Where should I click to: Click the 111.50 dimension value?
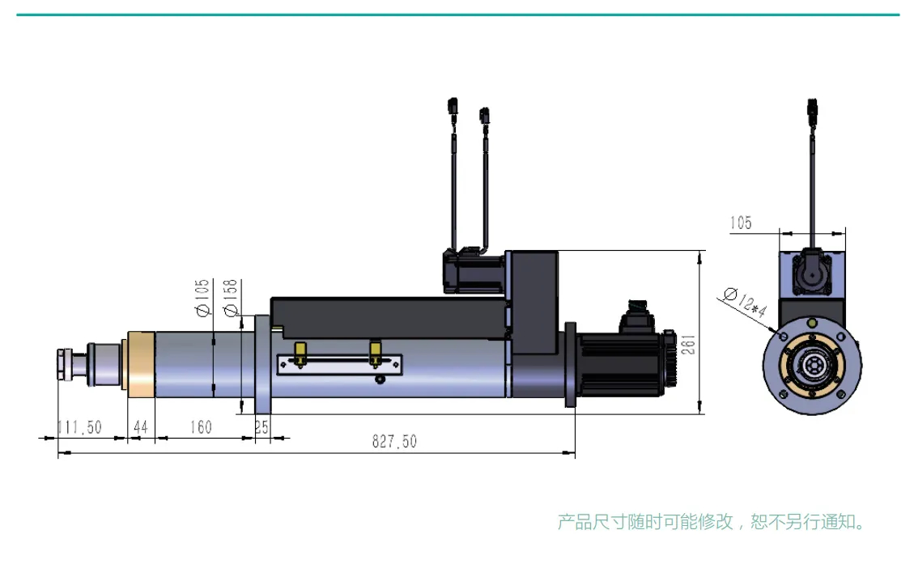pyautogui.click(x=79, y=427)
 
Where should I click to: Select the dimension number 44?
pyautogui.click(x=140, y=427)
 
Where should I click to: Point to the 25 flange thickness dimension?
pyautogui.click(x=261, y=427)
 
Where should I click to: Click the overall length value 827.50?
pyautogui.click(x=394, y=442)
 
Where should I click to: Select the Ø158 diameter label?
pyautogui.click(x=230, y=299)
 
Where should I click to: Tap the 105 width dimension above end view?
pyautogui.click(x=741, y=223)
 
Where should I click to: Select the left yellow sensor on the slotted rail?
pyautogui.click(x=300, y=352)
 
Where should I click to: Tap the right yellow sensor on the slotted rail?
pyautogui.click(x=375, y=352)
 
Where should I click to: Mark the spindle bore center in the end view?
pyautogui.click(x=812, y=365)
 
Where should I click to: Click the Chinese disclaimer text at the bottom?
pyautogui.click(x=712, y=522)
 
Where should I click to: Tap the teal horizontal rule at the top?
pyautogui.click(x=457, y=15)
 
